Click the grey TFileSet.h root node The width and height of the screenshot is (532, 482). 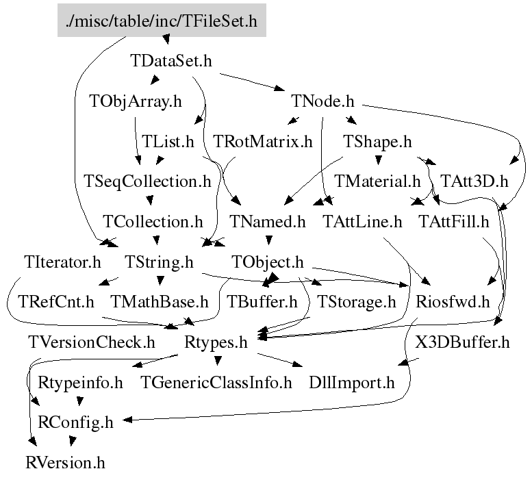(161, 21)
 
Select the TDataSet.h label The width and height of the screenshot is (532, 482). (170, 61)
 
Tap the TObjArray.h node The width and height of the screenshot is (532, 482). (136, 101)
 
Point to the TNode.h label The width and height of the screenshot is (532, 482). (322, 101)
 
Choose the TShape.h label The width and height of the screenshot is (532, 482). (377, 142)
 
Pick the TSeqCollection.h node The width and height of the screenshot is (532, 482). (147, 181)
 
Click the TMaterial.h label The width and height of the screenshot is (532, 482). (377, 181)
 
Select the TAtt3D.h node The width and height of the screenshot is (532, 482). (474, 181)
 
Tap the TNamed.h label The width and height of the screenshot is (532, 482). (268, 222)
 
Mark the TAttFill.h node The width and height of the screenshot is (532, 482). (454, 222)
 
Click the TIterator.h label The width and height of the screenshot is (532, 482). (62, 262)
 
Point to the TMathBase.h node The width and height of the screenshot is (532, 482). (159, 301)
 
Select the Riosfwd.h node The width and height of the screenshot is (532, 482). (453, 301)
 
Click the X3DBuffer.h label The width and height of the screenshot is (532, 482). (462, 342)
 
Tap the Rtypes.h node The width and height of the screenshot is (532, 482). (216, 342)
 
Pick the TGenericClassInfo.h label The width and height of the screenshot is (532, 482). (216, 382)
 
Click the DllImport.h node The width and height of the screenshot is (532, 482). (352, 382)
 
